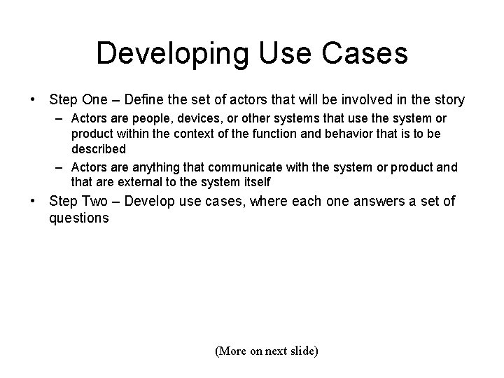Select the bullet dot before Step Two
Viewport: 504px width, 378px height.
click(33, 202)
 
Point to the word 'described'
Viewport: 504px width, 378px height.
click(99, 149)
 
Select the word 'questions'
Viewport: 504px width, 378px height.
click(78, 218)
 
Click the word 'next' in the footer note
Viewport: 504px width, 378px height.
click(276, 351)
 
